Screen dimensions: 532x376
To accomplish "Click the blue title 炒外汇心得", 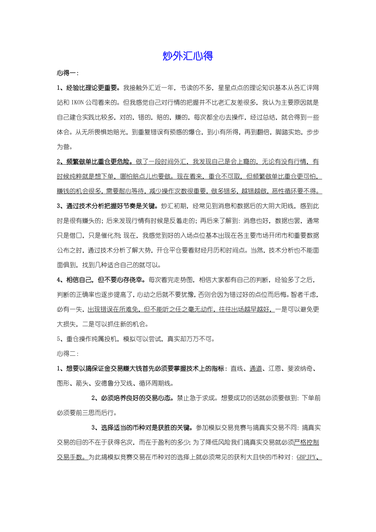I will [188, 56].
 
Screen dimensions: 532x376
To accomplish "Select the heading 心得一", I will [67, 73].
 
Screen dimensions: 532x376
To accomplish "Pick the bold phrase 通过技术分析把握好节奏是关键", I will [112, 206].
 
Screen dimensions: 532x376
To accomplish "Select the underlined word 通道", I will [255, 369].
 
